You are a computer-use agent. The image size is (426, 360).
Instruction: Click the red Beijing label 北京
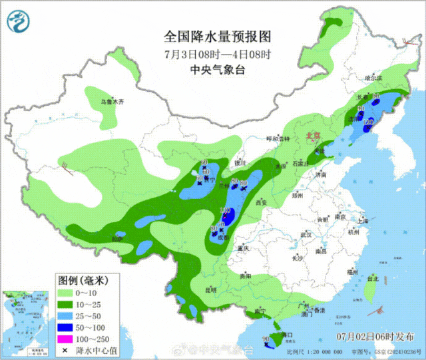point(313,136)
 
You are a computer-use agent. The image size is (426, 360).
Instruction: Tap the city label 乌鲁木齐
point(112,102)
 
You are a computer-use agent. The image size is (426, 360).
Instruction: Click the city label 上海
point(363,220)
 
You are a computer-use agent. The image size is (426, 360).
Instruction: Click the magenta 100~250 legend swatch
point(64,339)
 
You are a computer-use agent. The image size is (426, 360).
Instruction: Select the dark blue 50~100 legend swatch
point(64,327)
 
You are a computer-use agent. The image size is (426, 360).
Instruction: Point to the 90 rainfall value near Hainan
point(266,340)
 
